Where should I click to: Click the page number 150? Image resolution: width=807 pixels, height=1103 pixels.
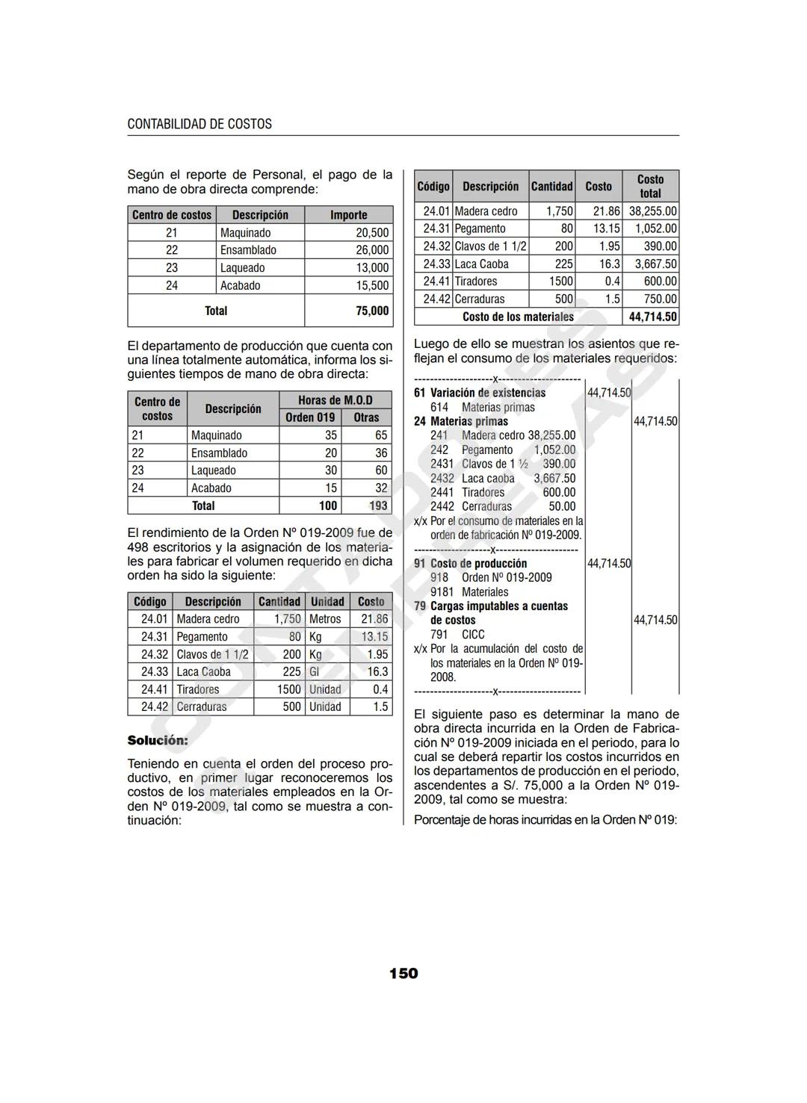tap(403, 973)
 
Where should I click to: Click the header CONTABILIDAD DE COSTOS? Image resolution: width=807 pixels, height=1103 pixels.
tap(200, 124)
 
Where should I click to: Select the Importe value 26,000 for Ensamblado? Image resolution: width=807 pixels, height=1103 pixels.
tap(371, 250)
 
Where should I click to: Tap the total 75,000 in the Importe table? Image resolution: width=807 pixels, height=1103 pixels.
tap(371, 311)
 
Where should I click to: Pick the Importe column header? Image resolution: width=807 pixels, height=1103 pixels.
tap(348, 215)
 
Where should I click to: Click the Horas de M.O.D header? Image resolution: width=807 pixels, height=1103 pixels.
tap(335, 400)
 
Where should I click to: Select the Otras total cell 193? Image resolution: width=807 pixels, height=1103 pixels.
tap(378, 506)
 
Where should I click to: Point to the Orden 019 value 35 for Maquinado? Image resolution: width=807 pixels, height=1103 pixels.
tap(330, 435)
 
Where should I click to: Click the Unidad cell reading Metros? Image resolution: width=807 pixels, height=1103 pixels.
tap(325, 619)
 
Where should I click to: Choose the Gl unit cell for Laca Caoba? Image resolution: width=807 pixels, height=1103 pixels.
tap(315, 672)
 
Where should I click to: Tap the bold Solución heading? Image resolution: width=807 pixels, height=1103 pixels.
tap(158, 740)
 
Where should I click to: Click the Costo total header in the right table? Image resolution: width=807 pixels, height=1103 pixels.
tap(649, 186)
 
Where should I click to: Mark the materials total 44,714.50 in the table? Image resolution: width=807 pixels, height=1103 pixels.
tap(652, 317)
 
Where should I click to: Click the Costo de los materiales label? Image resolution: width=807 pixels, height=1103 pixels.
tap(518, 317)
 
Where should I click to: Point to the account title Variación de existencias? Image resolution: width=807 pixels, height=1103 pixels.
tap(487, 393)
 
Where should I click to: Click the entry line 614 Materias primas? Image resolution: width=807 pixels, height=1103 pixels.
tap(483, 407)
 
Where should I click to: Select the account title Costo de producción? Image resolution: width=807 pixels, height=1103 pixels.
tap(478, 563)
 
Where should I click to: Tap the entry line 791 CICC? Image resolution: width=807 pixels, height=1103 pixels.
tap(457, 634)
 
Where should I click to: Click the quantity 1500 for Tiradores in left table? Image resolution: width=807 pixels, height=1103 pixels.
tap(288, 690)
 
